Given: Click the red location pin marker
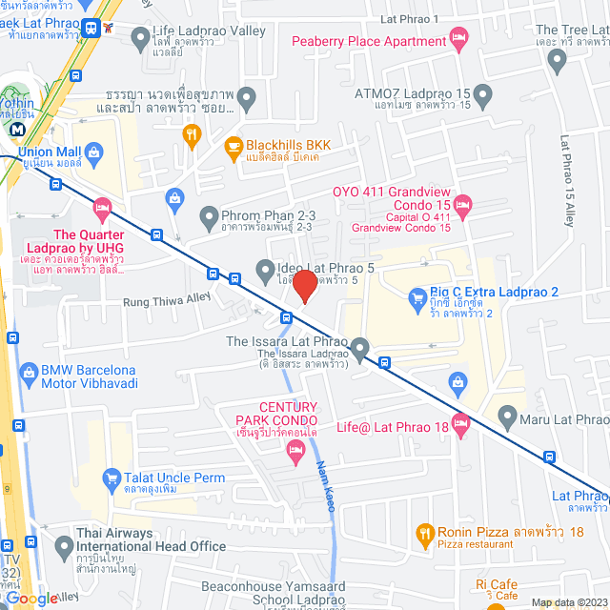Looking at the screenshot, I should pyautogui.click(x=304, y=286).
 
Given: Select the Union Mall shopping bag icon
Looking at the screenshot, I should pyautogui.click(x=94, y=152).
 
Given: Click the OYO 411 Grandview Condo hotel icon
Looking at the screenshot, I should pyautogui.click(x=462, y=203).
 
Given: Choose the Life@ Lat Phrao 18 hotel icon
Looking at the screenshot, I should pyautogui.click(x=461, y=422).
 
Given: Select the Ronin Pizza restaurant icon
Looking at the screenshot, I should pyautogui.click(x=424, y=532).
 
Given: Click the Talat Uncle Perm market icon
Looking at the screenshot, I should pyautogui.click(x=112, y=478).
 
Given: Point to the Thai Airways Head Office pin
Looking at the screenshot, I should pyautogui.click(x=64, y=547).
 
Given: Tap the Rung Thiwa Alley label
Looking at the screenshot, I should pyautogui.click(x=167, y=300).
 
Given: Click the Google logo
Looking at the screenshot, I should pyautogui.click(x=30, y=598).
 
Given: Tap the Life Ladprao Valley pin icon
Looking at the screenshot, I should pyautogui.click(x=141, y=38).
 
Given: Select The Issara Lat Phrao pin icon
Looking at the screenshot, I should pyautogui.click(x=359, y=351).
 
